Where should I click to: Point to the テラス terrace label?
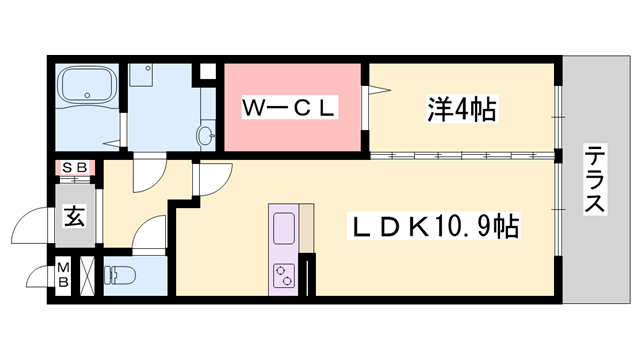[x=595, y=180]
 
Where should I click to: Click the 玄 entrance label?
[x=74, y=213]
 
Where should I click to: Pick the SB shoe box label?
[x=74, y=168]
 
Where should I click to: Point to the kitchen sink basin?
[x=283, y=229]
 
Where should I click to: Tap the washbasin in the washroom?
[x=207, y=134]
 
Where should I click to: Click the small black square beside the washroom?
[x=209, y=73]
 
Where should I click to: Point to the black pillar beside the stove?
[x=308, y=274]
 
